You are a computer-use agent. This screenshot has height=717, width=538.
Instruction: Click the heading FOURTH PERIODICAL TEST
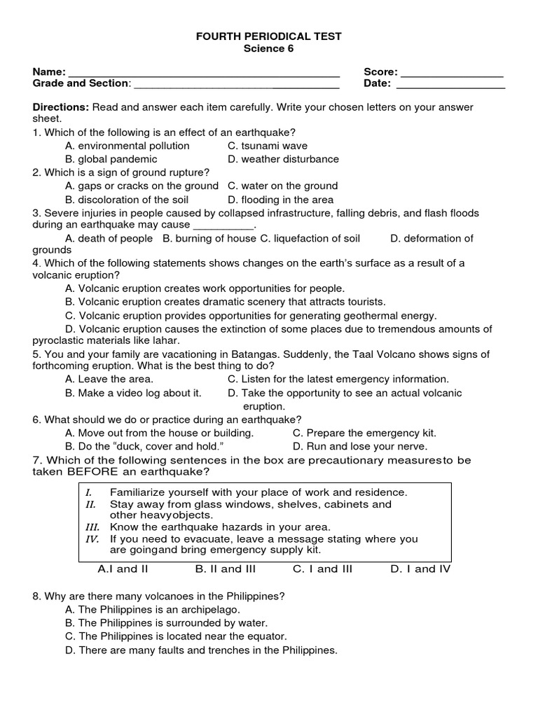pos(268,36)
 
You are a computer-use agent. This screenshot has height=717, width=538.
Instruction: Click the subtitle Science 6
pos(268,48)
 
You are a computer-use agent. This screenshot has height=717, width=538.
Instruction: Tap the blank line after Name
pos(204,73)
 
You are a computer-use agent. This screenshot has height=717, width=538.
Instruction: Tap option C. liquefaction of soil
pos(310,239)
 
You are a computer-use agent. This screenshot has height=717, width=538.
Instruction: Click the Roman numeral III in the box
pos(92,527)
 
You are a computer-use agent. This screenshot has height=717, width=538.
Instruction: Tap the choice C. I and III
pos(322,569)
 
